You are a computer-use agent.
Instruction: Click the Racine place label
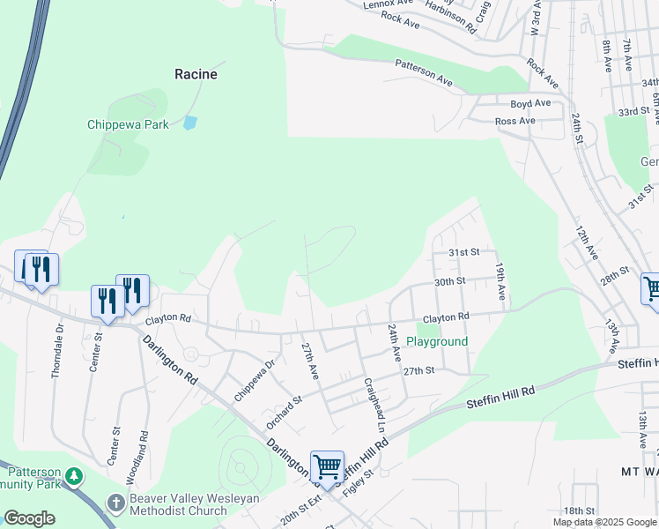(196, 74)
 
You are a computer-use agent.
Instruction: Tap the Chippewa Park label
(128, 124)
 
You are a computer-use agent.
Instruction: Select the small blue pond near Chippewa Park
(189, 123)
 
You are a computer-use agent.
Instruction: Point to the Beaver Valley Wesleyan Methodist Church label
(179, 504)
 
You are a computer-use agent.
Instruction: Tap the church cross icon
(115, 503)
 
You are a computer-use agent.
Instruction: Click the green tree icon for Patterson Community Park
(75, 477)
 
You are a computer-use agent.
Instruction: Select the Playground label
(437, 341)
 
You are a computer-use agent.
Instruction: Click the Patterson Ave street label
(424, 73)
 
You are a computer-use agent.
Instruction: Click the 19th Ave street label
(500, 278)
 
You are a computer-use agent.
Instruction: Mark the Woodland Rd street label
(144, 457)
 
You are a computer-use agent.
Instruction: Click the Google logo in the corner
(29, 518)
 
